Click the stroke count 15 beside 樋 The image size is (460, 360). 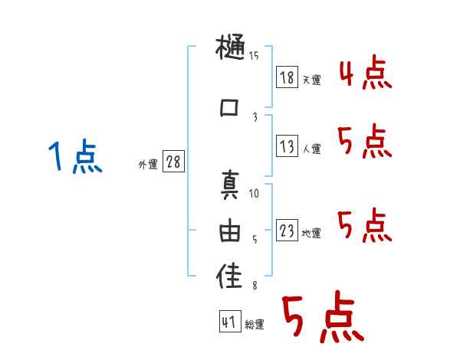[254, 56]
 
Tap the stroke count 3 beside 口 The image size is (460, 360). [255, 117]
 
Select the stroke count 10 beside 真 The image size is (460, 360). [255, 193]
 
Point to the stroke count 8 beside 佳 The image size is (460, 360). [255, 285]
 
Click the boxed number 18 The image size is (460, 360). [287, 78]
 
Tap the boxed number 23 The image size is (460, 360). [287, 231]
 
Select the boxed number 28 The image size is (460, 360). [173, 162]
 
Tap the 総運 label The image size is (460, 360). [255, 325]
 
